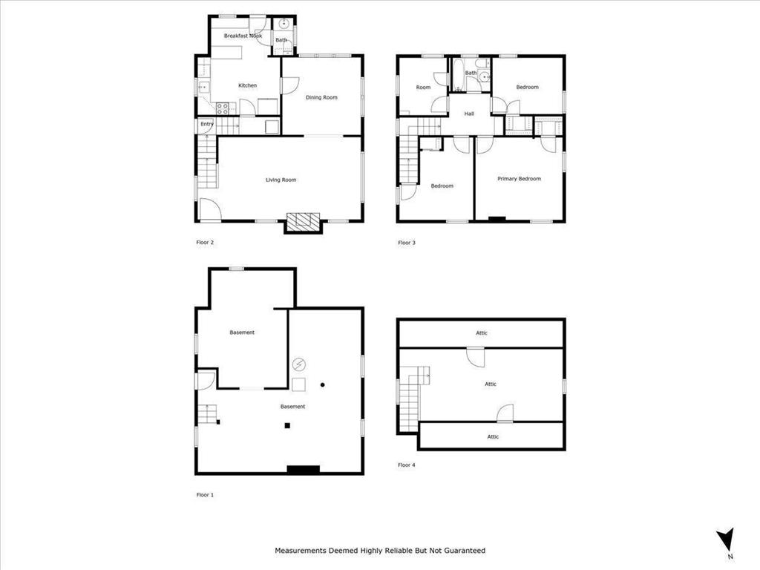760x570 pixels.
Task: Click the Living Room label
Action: [x=281, y=180]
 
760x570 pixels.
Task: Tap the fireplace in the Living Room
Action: [x=303, y=221]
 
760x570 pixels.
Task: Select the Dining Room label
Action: [x=322, y=97]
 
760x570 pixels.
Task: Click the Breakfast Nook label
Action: [x=243, y=36]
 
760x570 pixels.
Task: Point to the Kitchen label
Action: [x=247, y=85]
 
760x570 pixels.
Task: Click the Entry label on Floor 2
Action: [x=206, y=124]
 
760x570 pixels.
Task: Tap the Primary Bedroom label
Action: [x=519, y=178]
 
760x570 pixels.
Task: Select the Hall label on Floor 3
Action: [x=469, y=114]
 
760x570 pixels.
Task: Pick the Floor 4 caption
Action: [x=407, y=465]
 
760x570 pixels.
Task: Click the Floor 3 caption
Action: [x=407, y=242]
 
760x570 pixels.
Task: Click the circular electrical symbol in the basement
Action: [x=298, y=364]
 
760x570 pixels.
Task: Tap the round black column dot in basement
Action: [x=322, y=384]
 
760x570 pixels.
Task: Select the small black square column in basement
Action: [x=287, y=425]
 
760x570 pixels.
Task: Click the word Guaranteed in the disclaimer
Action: [x=462, y=551]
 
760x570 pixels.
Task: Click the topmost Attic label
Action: [x=482, y=333]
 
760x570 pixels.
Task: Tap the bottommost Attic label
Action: [x=493, y=436]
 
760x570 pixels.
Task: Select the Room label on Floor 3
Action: [x=423, y=88]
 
